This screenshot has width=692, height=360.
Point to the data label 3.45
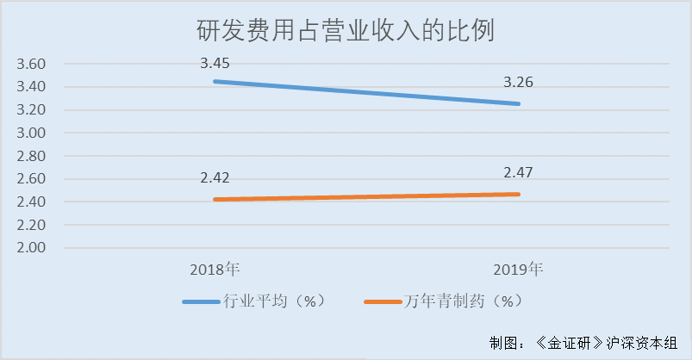click(x=215, y=63)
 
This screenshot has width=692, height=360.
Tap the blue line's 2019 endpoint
click(x=519, y=104)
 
